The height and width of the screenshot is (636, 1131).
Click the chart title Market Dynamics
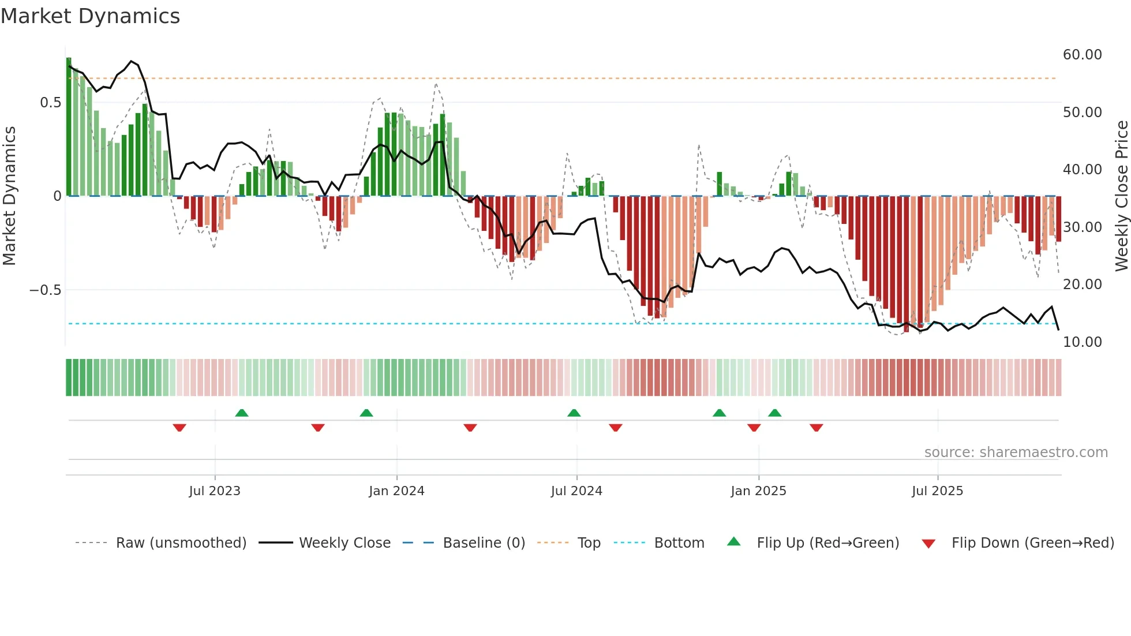pyautogui.click(x=91, y=16)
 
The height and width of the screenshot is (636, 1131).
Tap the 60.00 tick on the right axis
pyautogui.click(x=1082, y=55)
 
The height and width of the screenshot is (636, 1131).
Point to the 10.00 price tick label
pyautogui.click(x=1082, y=342)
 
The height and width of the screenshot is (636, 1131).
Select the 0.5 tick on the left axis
pyautogui.click(x=50, y=103)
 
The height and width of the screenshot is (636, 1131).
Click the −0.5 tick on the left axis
pyautogui.click(x=45, y=290)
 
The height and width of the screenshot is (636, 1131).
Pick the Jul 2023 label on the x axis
pyautogui.click(x=215, y=491)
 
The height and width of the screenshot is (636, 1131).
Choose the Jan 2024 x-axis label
pyautogui.click(x=396, y=491)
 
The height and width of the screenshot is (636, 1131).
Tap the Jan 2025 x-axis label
pyautogui.click(x=758, y=491)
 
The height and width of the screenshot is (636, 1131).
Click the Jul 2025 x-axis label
pyautogui.click(x=937, y=491)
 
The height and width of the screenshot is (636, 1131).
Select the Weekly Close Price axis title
pyautogui.click(x=1121, y=196)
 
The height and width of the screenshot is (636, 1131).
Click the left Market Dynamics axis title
pyautogui.click(x=9, y=196)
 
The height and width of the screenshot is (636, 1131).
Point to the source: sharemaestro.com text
pyautogui.click(x=1016, y=452)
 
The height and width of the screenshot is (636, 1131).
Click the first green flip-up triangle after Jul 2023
pyautogui.click(x=242, y=413)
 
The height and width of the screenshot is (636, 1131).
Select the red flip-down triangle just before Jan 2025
pyautogui.click(x=754, y=428)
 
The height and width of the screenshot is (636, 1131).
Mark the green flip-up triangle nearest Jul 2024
pyautogui.click(x=574, y=413)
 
